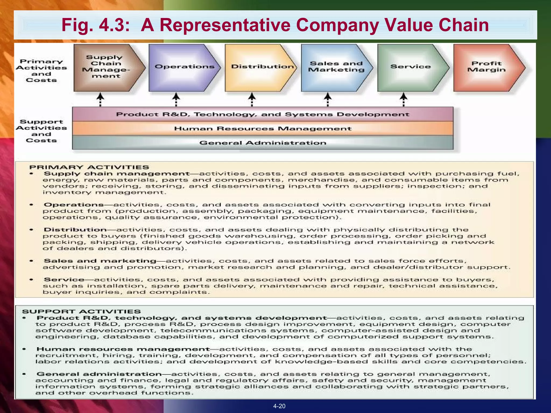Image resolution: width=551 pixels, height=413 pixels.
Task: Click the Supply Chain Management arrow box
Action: (x=106, y=67)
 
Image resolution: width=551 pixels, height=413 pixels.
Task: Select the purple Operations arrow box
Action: (x=183, y=67)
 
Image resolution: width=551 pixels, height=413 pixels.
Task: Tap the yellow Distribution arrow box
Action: (x=260, y=67)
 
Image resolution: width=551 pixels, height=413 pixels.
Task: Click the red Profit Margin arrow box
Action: (x=487, y=67)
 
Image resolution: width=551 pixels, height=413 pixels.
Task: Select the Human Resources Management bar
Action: (x=263, y=129)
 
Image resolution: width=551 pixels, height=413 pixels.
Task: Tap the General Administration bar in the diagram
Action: (x=263, y=143)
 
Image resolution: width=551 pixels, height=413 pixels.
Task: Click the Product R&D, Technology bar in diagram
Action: (x=263, y=114)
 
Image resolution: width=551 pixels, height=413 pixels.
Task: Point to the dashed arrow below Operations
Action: (x=176, y=99)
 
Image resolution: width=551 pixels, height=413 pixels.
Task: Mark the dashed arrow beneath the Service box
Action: (x=404, y=99)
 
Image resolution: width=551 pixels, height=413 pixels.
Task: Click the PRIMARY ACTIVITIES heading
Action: (x=89, y=167)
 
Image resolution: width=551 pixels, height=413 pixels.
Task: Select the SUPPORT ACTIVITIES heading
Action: (x=81, y=312)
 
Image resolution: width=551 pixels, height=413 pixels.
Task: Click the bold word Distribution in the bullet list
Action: (x=75, y=230)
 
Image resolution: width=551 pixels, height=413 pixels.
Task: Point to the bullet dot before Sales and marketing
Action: (x=31, y=261)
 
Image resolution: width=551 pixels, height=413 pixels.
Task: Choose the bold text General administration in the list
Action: (x=99, y=374)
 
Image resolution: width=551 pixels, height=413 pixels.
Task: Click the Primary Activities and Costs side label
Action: (x=41, y=71)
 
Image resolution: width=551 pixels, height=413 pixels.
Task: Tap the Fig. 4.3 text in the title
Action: (x=97, y=25)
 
